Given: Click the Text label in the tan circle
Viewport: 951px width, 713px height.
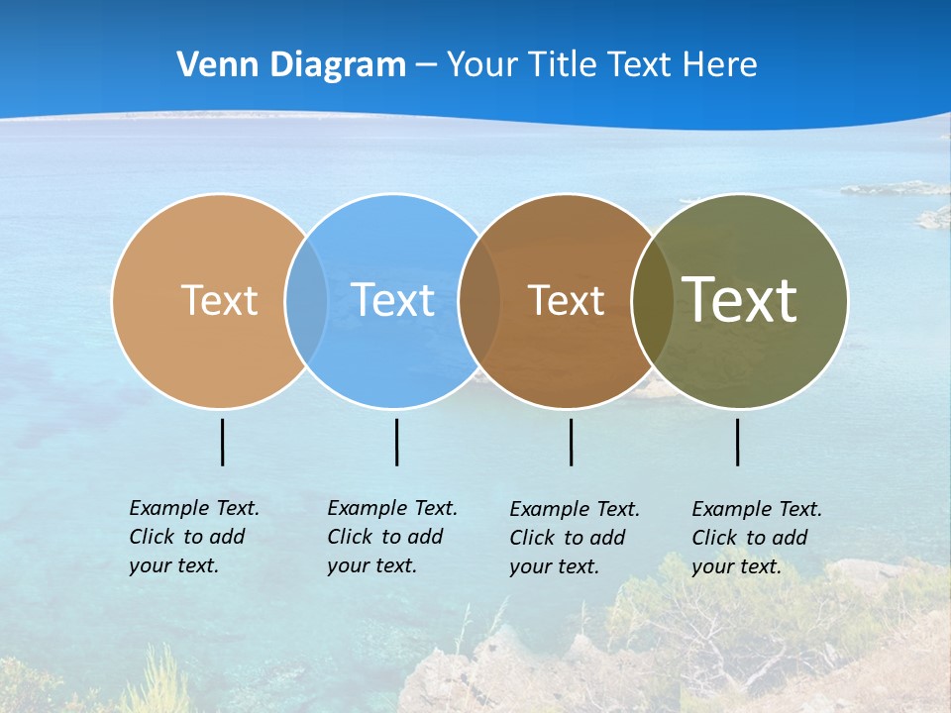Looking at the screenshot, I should [x=219, y=300].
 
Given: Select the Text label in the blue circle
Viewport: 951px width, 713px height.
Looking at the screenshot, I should [x=393, y=300].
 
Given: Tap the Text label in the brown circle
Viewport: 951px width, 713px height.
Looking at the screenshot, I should [x=566, y=300].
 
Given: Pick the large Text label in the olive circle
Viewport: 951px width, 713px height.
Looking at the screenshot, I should [x=740, y=299].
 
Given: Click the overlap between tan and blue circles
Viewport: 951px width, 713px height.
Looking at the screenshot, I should [x=306, y=300].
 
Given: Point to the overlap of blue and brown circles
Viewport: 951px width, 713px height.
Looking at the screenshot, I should [x=479, y=300].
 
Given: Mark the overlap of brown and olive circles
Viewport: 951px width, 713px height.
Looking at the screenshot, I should [x=652, y=300].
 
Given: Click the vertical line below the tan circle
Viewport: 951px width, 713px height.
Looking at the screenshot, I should [x=223, y=442].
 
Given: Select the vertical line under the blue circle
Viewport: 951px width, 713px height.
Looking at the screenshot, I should [x=396, y=442].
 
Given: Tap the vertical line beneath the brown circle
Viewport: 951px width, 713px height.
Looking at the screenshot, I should [x=571, y=442].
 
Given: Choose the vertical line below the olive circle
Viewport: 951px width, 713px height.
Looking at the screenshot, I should [x=738, y=442].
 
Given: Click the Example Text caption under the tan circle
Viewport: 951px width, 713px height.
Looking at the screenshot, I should [x=193, y=537].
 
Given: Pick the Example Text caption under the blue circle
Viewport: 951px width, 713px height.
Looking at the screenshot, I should [x=391, y=537].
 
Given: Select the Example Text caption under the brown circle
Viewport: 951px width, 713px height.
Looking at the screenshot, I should [x=574, y=538].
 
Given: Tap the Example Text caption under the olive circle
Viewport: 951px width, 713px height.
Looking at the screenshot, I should [x=756, y=538].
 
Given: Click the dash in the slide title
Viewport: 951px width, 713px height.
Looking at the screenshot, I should [x=426, y=66].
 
